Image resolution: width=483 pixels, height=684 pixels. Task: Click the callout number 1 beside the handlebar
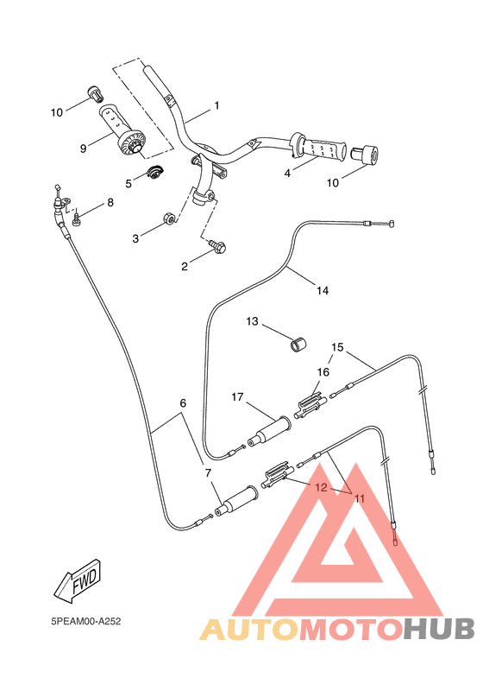tap(216, 105)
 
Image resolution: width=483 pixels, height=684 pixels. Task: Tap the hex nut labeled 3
tap(171, 219)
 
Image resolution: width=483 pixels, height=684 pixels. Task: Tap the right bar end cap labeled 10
tap(365, 156)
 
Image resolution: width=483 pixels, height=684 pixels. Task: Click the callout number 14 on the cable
tap(322, 291)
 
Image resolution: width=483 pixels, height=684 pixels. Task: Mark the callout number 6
tap(182, 403)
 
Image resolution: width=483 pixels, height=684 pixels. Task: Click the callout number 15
tap(337, 347)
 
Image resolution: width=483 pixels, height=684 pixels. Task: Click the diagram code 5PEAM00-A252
tap(85, 620)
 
